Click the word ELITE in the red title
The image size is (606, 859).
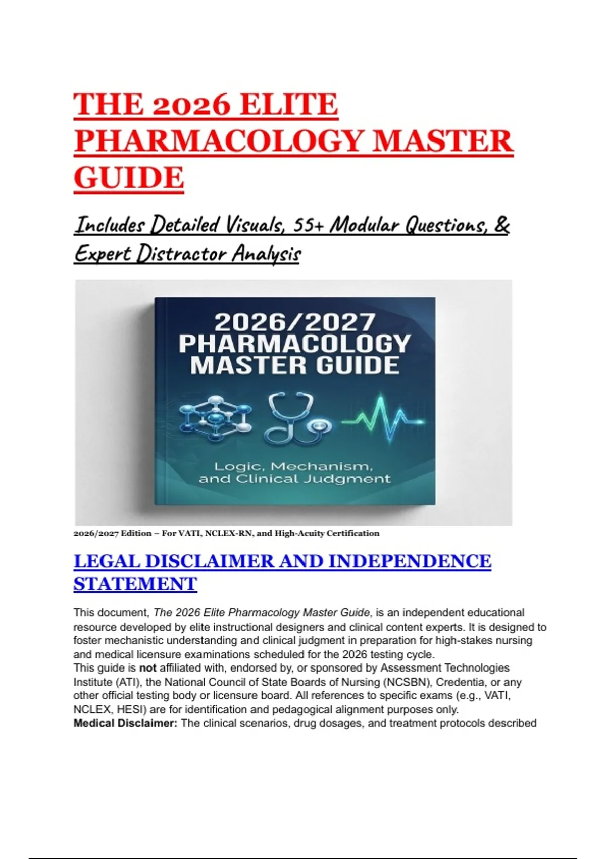[288, 105]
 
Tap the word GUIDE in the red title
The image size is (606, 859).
[129, 178]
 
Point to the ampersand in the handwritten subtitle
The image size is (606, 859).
[501, 225]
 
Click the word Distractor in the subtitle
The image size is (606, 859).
[183, 254]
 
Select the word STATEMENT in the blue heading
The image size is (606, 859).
[135, 584]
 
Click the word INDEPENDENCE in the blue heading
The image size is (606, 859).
[410, 561]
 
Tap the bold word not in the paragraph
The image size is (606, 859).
[147, 668]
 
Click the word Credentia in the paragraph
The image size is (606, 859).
[460, 682]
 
